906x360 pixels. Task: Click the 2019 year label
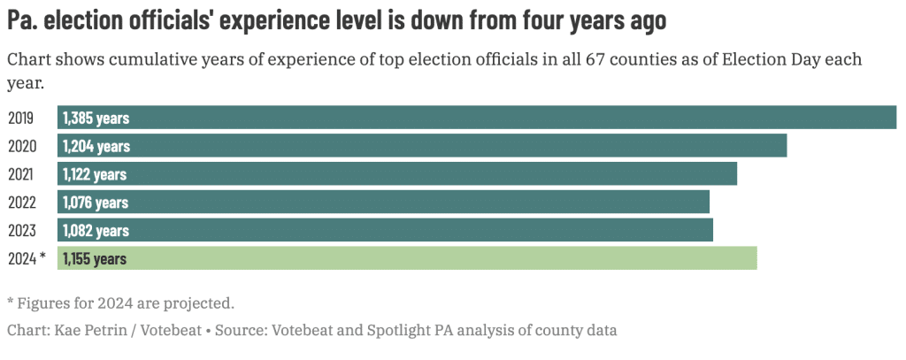[21, 118]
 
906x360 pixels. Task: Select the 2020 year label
[21, 146]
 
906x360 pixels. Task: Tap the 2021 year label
[21, 174]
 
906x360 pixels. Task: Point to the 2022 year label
[21, 203]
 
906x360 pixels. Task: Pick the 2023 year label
[21, 230]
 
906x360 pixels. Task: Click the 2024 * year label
[26, 258]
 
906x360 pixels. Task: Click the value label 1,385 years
[96, 118]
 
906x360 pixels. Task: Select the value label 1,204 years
[96, 146]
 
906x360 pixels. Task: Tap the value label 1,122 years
[95, 174]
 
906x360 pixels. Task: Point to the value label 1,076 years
[96, 203]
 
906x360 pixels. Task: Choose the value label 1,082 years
[96, 230]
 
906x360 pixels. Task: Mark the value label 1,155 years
[95, 258]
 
